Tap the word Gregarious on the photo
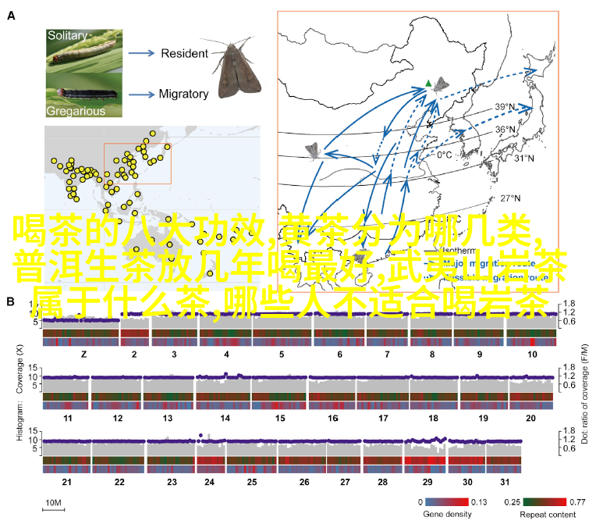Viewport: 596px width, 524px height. [75, 110]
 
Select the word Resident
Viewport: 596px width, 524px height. [185, 53]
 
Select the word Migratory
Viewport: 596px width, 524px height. [183, 94]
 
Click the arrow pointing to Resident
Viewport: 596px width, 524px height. [140, 53]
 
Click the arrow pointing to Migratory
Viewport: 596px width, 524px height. [140, 94]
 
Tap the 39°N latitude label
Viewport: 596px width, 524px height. [504, 107]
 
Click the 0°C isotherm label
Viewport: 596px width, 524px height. [445, 155]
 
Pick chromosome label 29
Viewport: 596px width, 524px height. [427, 504]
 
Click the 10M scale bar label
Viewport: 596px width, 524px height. [53, 501]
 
